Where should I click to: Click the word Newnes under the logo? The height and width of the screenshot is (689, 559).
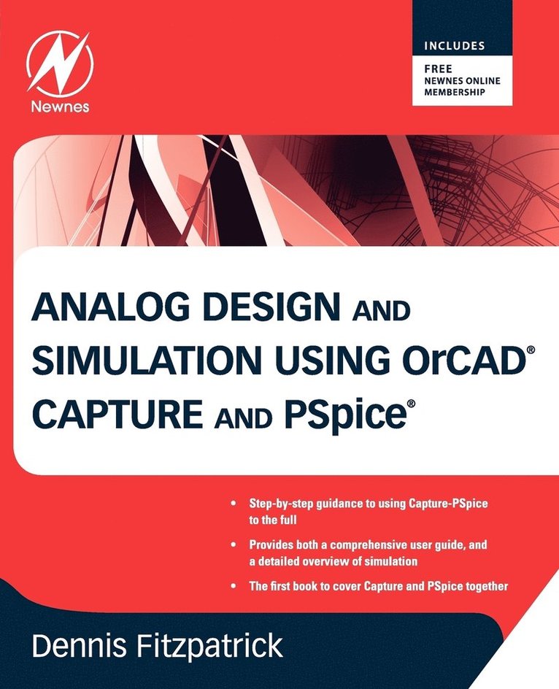point(60,107)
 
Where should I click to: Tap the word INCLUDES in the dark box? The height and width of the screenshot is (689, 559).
point(455,46)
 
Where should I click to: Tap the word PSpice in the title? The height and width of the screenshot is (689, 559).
point(340,415)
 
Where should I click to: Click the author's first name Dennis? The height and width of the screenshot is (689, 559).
point(85,646)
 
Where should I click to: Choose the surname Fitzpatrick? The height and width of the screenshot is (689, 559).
point(213,646)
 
